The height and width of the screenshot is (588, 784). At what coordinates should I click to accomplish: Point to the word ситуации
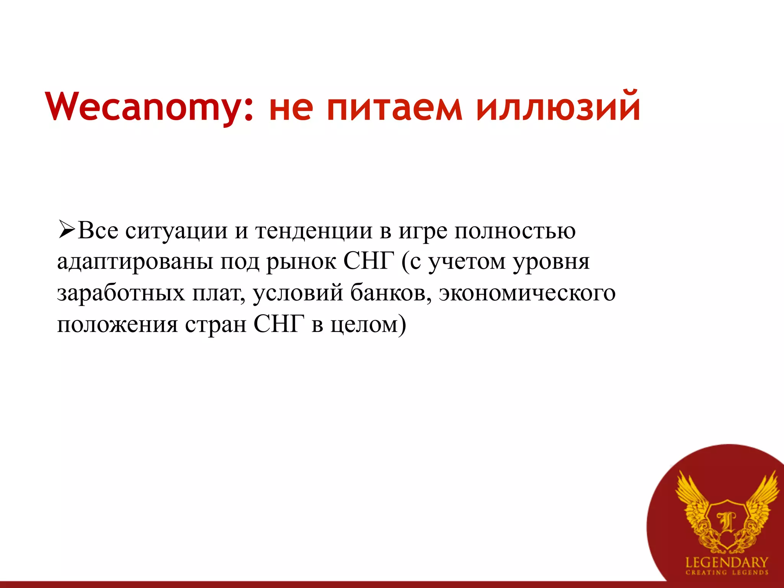(x=176, y=232)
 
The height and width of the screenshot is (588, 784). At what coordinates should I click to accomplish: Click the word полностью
(x=515, y=232)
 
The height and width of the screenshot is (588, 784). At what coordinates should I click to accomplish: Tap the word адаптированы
(x=135, y=263)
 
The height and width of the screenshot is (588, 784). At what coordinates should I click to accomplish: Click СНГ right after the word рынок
(x=369, y=262)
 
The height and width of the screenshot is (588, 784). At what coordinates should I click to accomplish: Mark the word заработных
(x=121, y=294)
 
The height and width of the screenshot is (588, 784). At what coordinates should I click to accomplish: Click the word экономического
(x=527, y=294)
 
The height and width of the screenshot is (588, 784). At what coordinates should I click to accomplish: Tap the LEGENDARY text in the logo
(x=726, y=562)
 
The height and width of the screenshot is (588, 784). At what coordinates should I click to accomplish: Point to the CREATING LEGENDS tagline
(x=726, y=573)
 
